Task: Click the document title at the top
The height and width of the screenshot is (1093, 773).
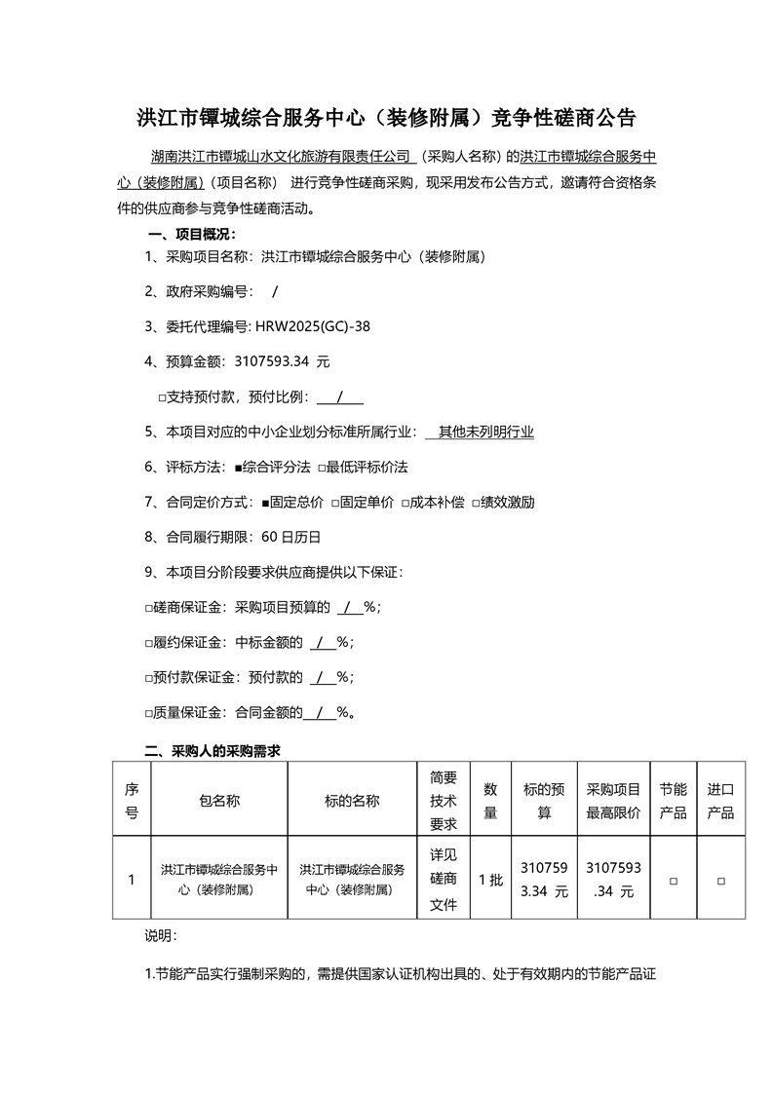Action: click(x=386, y=119)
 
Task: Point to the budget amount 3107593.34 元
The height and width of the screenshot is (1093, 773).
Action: click(x=283, y=361)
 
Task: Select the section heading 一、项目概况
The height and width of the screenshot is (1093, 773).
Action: click(x=191, y=234)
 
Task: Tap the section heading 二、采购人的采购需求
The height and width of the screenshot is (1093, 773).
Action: click(x=213, y=750)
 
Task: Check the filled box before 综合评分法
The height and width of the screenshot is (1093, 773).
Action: click(x=239, y=468)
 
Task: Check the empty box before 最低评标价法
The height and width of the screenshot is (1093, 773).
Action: click(x=322, y=468)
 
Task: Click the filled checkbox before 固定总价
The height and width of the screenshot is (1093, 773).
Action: click(x=265, y=503)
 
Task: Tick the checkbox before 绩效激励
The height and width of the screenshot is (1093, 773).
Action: click(x=476, y=503)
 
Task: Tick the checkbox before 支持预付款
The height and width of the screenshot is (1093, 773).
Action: click(x=162, y=397)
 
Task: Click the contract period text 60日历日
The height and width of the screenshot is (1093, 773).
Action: click(x=286, y=537)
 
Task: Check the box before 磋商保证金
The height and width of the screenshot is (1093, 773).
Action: click(x=149, y=607)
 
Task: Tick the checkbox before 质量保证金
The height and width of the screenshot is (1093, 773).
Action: click(x=149, y=712)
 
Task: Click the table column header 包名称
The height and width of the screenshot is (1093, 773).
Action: click(x=219, y=800)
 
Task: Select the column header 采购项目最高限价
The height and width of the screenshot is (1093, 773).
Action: click(x=613, y=800)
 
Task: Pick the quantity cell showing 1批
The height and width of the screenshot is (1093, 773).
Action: click(x=490, y=880)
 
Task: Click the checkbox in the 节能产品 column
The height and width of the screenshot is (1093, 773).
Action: click(x=673, y=880)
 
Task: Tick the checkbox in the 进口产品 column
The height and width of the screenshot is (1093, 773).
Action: click(x=720, y=880)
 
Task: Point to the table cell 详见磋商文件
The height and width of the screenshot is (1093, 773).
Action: click(x=444, y=880)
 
